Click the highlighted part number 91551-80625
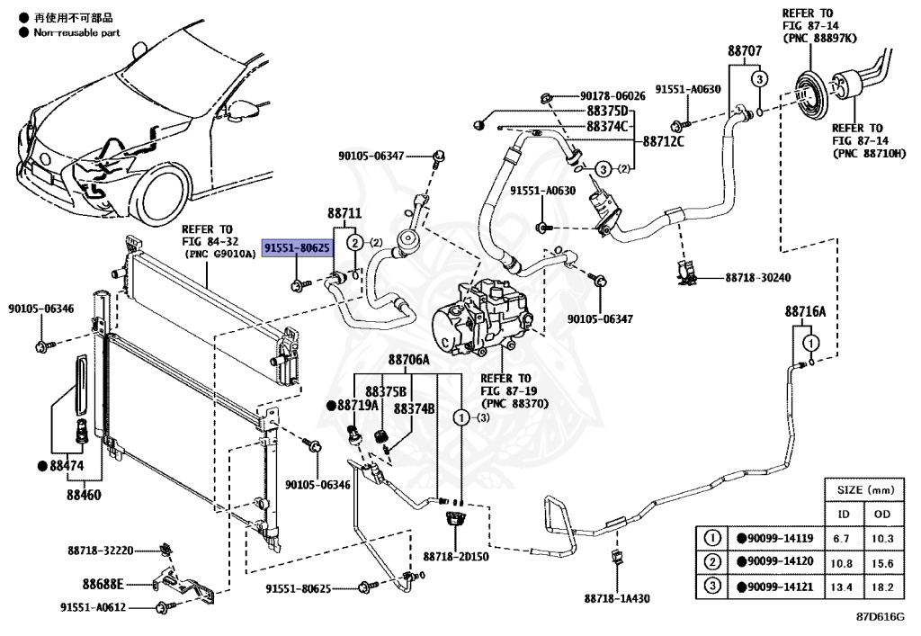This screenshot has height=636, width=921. point(297,248)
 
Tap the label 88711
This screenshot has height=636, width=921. point(344,213)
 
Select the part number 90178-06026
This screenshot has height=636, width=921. point(613,95)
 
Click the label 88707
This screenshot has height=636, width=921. point(745,51)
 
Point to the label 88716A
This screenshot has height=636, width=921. point(805,312)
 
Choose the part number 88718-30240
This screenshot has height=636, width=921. point(757,277)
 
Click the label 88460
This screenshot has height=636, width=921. point(84,495)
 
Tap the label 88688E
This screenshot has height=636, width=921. point(103,584)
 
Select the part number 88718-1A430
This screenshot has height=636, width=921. point(617,598)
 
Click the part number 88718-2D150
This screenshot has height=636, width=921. point(456,556)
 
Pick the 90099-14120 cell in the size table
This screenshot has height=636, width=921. point(775,561)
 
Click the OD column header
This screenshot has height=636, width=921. point(882,514)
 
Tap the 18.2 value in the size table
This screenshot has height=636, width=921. point(882,587)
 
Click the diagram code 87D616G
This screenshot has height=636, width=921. point(881,616)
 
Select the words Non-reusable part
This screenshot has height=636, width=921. point(77,33)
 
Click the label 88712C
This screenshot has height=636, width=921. point(663,141)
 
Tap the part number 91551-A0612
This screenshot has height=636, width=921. point(93,607)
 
